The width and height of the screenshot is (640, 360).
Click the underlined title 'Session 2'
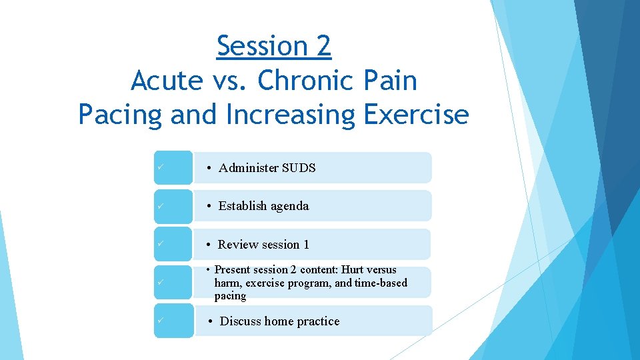pos(274,46)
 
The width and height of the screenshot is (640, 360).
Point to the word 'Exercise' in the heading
pos(417,115)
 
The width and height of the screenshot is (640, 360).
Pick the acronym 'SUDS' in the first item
pos(299,168)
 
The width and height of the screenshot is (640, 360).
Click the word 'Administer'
pos(249,168)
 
